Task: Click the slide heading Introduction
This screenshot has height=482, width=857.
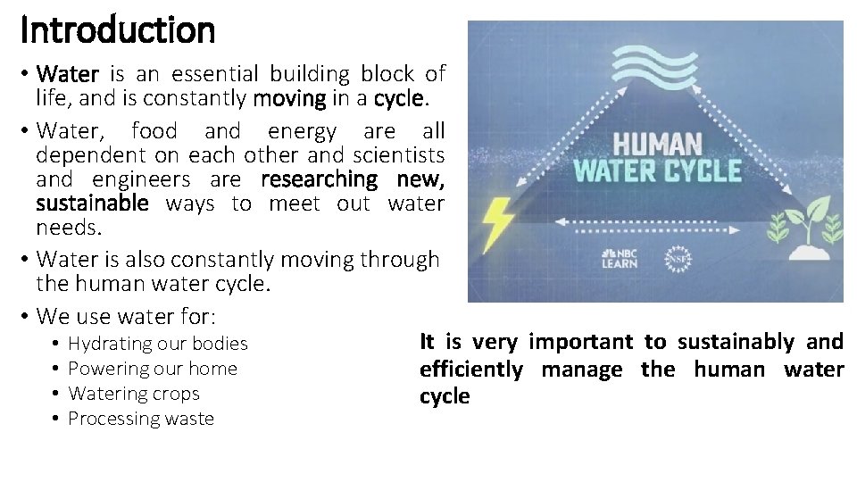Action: [x=118, y=30]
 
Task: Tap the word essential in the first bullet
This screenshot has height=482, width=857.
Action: [x=212, y=74]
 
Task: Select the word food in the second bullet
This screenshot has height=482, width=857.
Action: [x=154, y=131]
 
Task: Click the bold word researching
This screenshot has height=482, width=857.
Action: [x=320, y=179]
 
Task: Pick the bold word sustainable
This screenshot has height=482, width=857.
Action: [x=92, y=204]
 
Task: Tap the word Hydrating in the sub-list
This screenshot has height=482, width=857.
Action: [x=109, y=344]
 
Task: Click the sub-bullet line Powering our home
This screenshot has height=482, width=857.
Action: [x=153, y=369]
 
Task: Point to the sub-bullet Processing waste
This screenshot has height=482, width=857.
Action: [x=141, y=419]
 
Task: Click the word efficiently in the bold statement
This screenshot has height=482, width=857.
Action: [x=471, y=370]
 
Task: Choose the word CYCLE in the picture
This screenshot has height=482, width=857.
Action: [x=704, y=170]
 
